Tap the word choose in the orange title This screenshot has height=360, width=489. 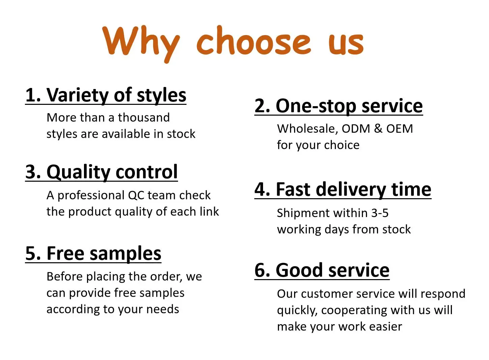(254, 41)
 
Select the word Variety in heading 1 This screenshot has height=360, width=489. (78, 96)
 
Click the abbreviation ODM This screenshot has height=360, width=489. (356, 128)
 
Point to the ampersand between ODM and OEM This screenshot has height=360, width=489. (378, 128)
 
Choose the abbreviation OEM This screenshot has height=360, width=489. (400, 128)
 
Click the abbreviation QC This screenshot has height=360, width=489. (136, 195)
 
